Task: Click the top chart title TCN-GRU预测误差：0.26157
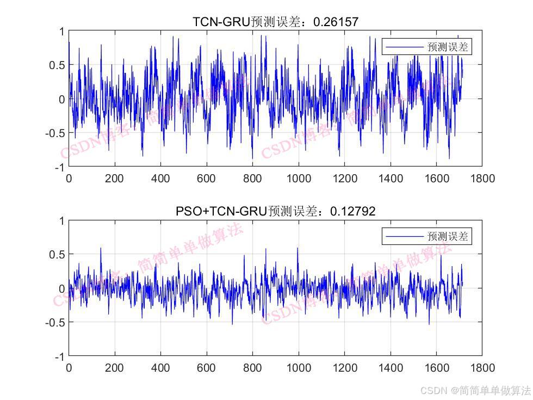(x=275, y=22)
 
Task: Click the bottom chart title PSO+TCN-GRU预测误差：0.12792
(x=275, y=211)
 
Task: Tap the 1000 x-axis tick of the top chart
(x=299, y=178)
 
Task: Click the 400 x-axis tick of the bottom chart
(x=160, y=367)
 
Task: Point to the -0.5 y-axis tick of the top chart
(x=54, y=133)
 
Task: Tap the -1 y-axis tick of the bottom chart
(x=59, y=356)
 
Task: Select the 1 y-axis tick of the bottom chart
(x=61, y=221)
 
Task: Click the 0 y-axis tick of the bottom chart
(x=61, y=288)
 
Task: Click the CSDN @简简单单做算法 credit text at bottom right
(x=475, y=390)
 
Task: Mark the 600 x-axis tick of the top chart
(x=207, y=178)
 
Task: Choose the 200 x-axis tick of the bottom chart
(x=114, y=367)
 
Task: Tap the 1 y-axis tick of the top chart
(x=61, y=32)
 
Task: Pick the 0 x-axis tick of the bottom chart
(x=69, y=367)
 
